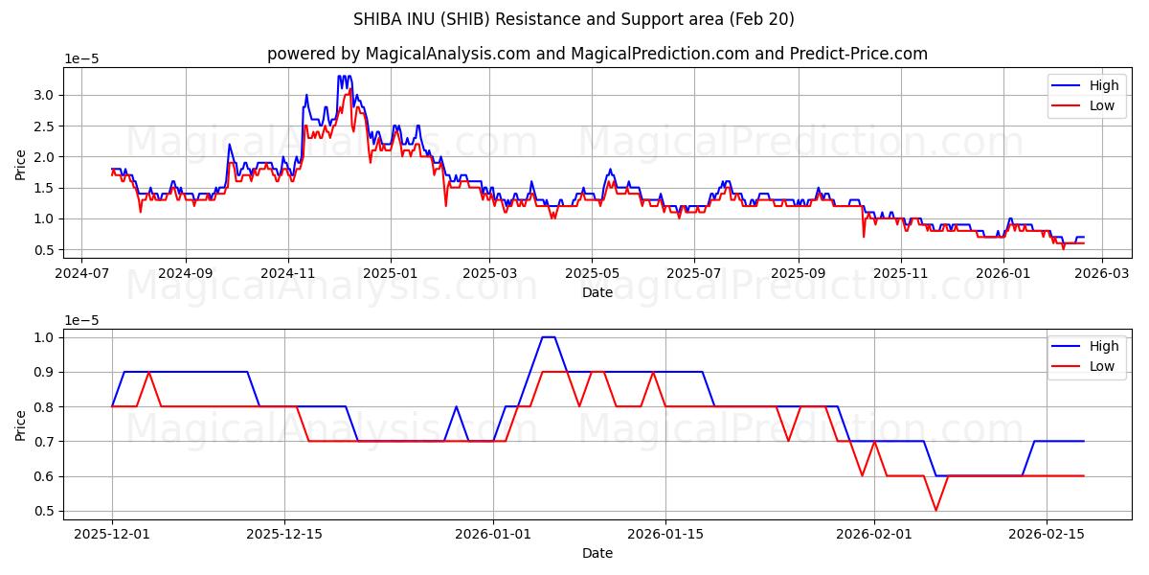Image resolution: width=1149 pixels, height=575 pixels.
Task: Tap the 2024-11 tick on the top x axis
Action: tap(288, 272)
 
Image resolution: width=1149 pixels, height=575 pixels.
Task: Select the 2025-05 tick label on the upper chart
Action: tap(592, 272)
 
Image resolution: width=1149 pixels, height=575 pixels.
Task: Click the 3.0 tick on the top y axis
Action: tap(44, 95)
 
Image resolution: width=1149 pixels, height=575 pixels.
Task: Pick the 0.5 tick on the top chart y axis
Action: tap(44, 250)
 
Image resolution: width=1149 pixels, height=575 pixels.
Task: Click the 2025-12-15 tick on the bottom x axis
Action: tap(283, 534)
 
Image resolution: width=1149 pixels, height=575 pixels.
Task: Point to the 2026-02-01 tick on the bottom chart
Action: tap(874, 534)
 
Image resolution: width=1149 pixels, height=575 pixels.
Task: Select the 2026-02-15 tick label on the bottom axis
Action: tap(1045, 534)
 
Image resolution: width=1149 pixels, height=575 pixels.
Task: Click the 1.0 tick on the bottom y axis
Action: tap(44, 337)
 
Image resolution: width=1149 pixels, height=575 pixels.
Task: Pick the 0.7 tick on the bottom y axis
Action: tap(44, 442)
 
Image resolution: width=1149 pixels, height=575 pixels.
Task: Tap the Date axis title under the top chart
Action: tap(597, 292)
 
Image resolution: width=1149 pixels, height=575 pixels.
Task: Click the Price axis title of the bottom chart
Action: tap(21, 424)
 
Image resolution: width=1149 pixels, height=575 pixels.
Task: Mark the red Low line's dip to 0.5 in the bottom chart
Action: tap(935, 511)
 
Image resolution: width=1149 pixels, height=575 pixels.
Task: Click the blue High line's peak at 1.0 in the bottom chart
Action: tap(548, 337)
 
